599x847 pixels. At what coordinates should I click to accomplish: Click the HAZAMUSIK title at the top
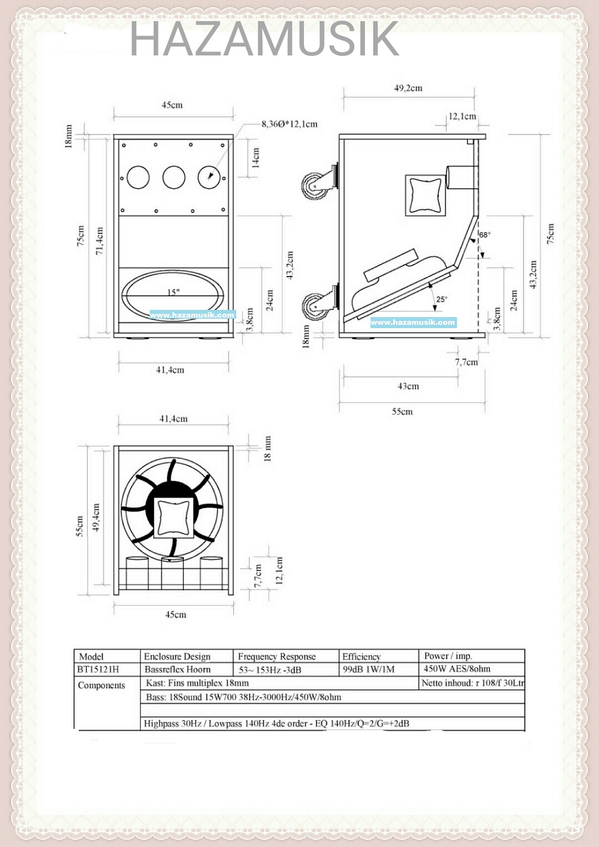264,39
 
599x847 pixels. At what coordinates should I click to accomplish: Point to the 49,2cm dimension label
408,88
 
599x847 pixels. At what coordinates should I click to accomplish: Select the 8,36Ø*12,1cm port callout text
290,124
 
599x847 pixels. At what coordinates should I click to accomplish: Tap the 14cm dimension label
256,157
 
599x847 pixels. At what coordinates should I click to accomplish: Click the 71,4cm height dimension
100,241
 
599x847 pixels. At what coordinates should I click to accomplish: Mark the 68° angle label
485,235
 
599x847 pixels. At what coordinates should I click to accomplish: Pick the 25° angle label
441,299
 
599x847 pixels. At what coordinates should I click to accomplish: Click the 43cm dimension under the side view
408,386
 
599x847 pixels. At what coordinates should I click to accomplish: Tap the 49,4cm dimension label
96,518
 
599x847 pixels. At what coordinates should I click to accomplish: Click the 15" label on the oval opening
174,292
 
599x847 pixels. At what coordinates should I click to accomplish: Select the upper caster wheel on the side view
315,185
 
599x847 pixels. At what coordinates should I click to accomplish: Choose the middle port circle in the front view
174,177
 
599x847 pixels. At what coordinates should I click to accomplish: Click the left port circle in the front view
138,177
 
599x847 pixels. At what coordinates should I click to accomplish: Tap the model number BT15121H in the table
98,669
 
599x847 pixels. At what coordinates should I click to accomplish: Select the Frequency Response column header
277,656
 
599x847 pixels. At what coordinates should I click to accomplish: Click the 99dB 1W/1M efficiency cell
368,669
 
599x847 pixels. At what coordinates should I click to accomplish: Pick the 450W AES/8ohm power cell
457,669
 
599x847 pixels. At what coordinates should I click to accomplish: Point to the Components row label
101,685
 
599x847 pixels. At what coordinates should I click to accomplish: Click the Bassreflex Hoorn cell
177,669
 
